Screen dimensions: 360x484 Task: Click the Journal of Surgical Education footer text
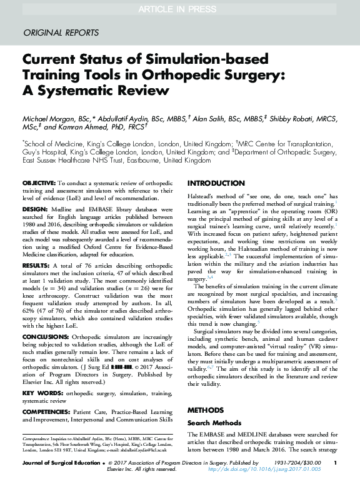pyautogui.click(x=59, y=462)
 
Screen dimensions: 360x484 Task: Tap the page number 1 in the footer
pyautogui.click(x=336, y=462)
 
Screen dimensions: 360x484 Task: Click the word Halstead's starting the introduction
pyautogui.click(x=202, y=197)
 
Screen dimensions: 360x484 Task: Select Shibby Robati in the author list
pyautogui.click(x=277, y=118)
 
